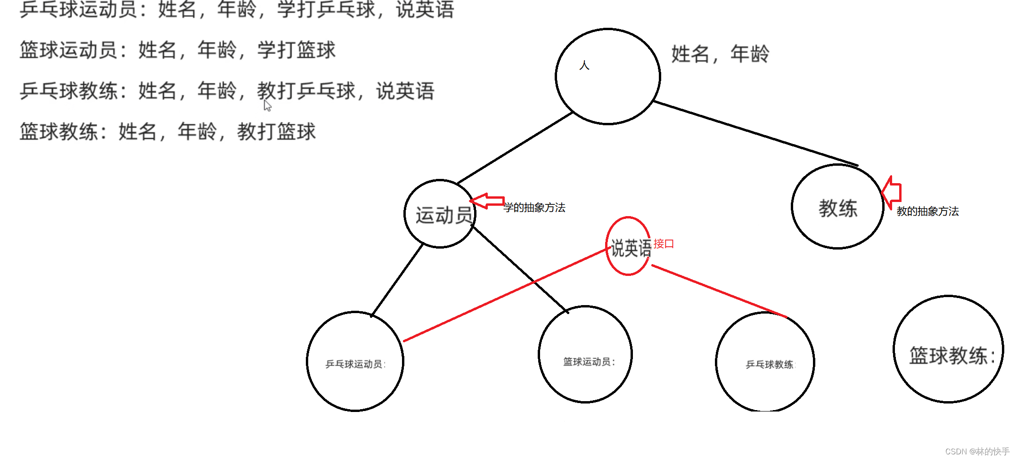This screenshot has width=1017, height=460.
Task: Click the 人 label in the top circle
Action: point(584,65)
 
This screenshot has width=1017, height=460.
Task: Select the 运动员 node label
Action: point(443,215)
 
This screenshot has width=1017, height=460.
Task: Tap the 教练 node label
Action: point(838,208)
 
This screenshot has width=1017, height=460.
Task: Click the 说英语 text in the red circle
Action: point(631,248)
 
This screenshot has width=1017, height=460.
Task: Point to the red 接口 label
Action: point(664,244)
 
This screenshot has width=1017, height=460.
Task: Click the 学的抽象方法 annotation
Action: point(534,208)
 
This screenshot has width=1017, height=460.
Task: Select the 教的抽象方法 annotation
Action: point(927,211)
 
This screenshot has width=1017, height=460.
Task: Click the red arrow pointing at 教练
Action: point(892,193)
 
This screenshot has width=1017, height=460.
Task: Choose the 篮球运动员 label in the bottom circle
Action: point(589,362)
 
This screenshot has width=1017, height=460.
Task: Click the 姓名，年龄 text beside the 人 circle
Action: point(720,54)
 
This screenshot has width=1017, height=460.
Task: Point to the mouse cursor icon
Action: point(268,106)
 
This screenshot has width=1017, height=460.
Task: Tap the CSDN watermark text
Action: point(977,452)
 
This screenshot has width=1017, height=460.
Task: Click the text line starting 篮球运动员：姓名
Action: point(177,50)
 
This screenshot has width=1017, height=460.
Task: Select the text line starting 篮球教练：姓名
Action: point(167,131)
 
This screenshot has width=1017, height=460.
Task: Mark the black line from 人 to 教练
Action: point(754,133)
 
